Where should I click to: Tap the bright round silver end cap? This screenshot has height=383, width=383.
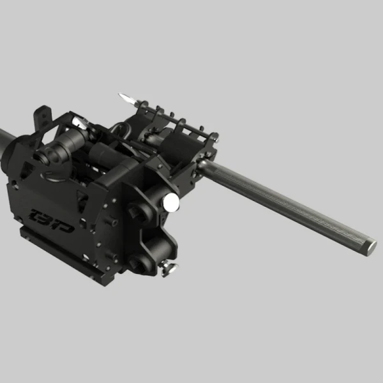[171, 202]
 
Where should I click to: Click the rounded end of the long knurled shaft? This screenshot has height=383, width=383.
[369, 246]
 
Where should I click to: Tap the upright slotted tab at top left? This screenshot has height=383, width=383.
[41, 117]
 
